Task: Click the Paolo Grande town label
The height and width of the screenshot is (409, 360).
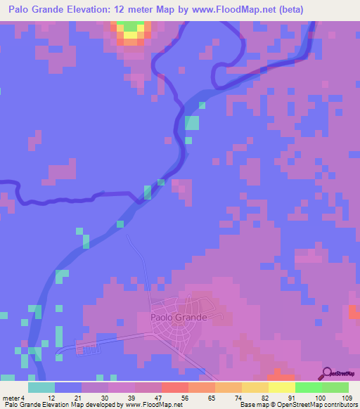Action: tap(179, 317)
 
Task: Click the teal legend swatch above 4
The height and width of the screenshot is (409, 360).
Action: tap(41, 387)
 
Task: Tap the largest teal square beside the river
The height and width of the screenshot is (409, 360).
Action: tap(192, 122)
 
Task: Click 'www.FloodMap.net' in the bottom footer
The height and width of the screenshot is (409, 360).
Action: tap(153, 405)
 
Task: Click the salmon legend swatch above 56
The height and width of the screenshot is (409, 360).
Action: tap(174, 387)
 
